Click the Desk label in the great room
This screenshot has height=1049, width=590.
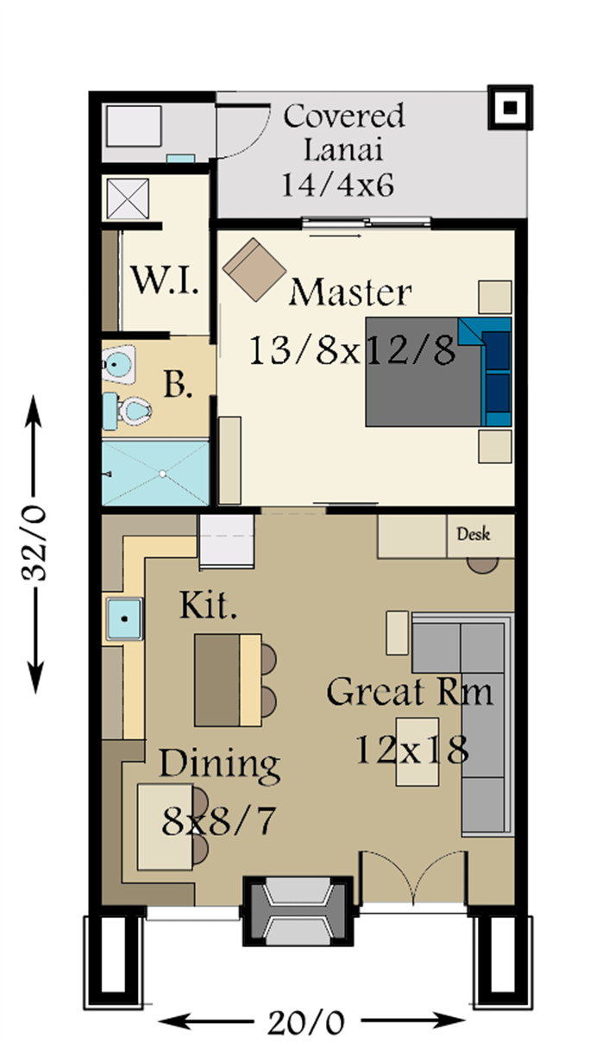pyautogui.click(x=473, y=534)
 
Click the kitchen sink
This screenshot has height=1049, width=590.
pyautogui.click(x=124, y=619)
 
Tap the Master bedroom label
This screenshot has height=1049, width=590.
pyautogui.click(x=350, y=292)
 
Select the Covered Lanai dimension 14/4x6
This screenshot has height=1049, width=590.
pyautogui.click(x=337, y=185)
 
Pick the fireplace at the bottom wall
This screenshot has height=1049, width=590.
pyautogui.click(x=297, y=911)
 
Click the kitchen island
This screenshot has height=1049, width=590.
pyautogui.click(x=228, y=681)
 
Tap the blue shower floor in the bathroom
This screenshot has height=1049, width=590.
pyautogui.click(x=155, y=474)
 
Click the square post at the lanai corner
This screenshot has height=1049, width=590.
pyautogui.click(x=510, y=108)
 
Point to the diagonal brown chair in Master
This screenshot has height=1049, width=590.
pyautogui.click(x=254, y=269)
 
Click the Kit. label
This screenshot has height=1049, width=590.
pyautogui.click(x=208, y=605)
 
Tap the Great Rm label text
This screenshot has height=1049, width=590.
pyautogui.click(x=410, y=691)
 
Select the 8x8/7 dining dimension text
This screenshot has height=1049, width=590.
pyautogui.click(x=218, y=821)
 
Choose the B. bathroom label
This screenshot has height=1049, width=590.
pyautogui.click(x=179, y=385)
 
